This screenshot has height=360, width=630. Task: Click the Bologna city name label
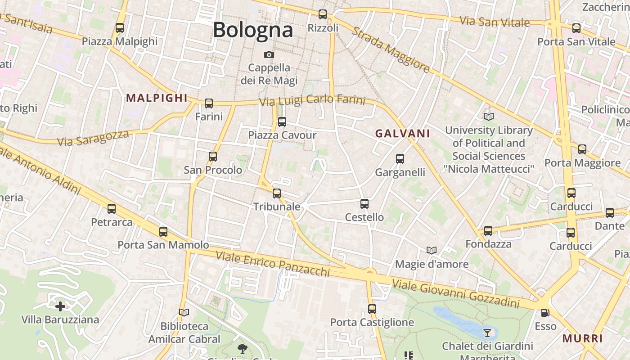pos(253,30)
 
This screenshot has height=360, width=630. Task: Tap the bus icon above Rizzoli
pos(323,14)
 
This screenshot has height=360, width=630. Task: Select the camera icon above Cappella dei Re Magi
pos(269,54)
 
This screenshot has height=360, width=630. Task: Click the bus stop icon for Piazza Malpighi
pos(120,28)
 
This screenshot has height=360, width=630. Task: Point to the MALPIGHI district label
pos(157,98)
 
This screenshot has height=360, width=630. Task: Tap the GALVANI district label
pos(403,133)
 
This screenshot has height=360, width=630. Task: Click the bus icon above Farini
pos(209,103)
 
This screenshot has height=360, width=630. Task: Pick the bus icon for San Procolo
pos(213,157)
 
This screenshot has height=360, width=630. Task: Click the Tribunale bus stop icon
pos(277,193)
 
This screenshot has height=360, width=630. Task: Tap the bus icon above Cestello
pos(364,204)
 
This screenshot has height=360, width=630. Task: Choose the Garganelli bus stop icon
pos(400,159)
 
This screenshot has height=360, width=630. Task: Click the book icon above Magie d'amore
pos(432,250)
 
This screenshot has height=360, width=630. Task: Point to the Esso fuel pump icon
pos(545,312)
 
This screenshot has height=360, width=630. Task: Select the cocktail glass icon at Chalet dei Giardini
pos(487,333)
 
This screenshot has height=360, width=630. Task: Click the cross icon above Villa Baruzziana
pos(60,306)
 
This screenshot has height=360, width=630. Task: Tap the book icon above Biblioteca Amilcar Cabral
pos(184,312)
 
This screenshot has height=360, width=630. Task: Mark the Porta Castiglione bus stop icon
pos(372,309)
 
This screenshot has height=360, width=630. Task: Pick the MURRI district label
pos(583,338)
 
